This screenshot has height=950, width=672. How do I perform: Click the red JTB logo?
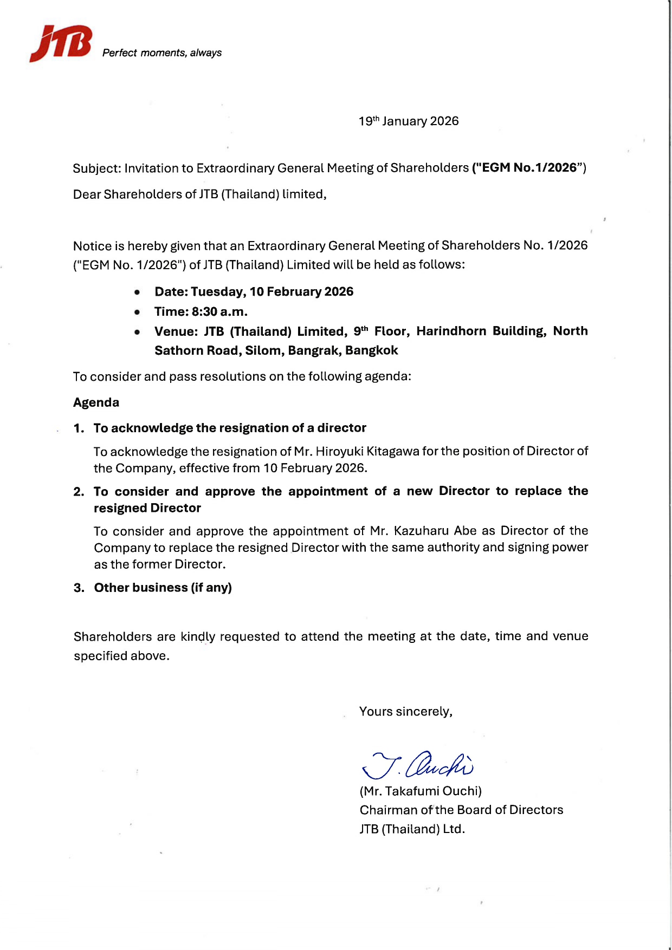coord(60,43)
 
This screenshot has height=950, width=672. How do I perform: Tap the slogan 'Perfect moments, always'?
coord(162,53)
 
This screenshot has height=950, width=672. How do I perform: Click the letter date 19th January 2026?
coord(409,121)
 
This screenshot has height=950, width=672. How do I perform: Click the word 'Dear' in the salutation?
coord(87,194)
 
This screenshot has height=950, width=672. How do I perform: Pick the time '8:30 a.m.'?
coord(219,312)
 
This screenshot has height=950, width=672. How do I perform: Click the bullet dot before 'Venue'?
coord(137,332)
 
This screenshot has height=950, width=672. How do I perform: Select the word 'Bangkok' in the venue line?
coord(371,350)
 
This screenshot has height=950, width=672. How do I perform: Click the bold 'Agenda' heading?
coord(96,402)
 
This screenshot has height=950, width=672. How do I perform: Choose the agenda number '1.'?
coord(79,428)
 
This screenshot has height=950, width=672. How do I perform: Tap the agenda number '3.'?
coord(79,588)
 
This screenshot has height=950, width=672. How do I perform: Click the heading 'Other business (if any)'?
coord(163,588)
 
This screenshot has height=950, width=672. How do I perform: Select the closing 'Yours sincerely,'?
coord(405,712)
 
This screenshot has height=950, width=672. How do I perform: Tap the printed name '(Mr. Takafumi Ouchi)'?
coord(421,791)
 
